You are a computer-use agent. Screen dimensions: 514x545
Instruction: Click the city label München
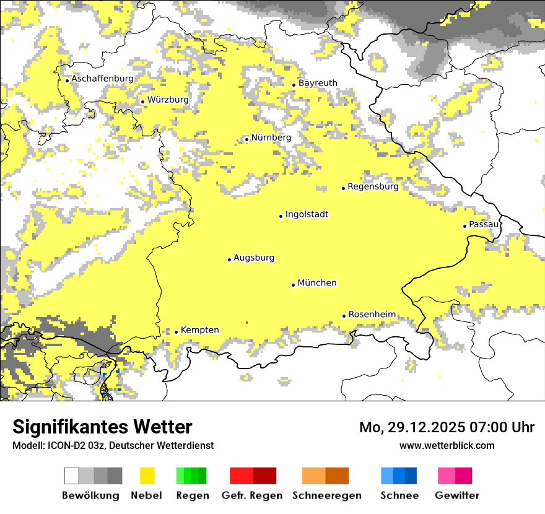click(x=317, y=283)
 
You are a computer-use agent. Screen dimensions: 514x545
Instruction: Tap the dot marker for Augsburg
click(x=229, y=259)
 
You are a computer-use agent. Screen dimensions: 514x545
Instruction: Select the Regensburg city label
click(x=373, y=186)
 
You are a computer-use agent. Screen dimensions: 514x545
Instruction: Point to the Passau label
click(x=484, y=224)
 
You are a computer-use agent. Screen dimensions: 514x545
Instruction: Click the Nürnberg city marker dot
click(x=246, y=139)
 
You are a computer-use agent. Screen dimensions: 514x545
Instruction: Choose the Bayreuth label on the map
click(x=318, y=83)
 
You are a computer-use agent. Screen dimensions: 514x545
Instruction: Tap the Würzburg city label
click(x=168, y=100)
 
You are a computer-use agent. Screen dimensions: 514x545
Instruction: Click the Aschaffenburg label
click(x=102, y=79)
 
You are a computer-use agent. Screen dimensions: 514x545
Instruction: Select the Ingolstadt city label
click(x=307, y=214)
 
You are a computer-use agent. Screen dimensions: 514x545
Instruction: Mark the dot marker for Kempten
click(x=176, y=332)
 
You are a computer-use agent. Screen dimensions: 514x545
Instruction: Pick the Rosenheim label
click(x=372, y=315)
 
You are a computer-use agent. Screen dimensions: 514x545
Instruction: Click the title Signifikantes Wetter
click(x=102, y=427)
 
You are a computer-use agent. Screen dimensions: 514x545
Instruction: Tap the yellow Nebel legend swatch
click(x=147, y=476)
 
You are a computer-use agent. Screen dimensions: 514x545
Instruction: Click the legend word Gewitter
click(x=457, y=495)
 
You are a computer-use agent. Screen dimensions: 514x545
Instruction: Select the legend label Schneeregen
click(x=327, y=495)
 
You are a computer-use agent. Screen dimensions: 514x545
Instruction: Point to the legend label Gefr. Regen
click(x=252, y=495)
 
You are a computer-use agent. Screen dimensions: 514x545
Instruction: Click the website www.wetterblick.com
click(x=447, y=445)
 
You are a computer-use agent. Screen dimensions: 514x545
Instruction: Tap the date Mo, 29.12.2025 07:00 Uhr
click(x=447, y=427)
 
